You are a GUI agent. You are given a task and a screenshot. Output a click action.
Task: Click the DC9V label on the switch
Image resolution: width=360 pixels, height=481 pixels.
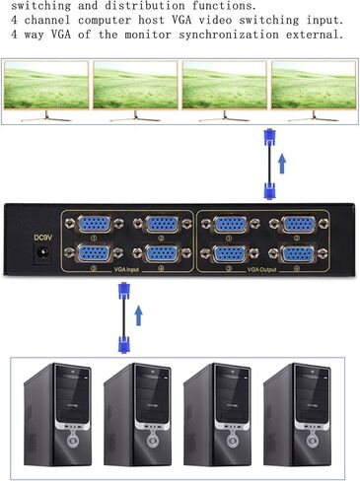42,237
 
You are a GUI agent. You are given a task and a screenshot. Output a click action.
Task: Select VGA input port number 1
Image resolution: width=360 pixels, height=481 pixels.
96,224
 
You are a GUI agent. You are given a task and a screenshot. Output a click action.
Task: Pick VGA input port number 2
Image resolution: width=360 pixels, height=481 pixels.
159,224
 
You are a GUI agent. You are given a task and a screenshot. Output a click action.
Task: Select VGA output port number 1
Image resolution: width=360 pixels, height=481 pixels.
232,224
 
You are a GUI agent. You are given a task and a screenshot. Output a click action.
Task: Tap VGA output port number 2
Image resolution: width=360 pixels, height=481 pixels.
295,224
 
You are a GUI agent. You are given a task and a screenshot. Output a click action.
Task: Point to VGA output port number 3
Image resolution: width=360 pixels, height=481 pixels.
232,253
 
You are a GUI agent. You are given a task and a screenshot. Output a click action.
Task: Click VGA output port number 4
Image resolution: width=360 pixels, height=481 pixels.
295,253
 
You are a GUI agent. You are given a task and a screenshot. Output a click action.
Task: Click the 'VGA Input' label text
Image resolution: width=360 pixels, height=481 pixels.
127,267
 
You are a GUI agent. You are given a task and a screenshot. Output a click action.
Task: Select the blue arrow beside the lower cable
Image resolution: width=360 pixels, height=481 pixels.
139,315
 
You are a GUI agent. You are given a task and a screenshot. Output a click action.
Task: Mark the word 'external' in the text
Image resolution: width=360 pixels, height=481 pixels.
313,34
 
